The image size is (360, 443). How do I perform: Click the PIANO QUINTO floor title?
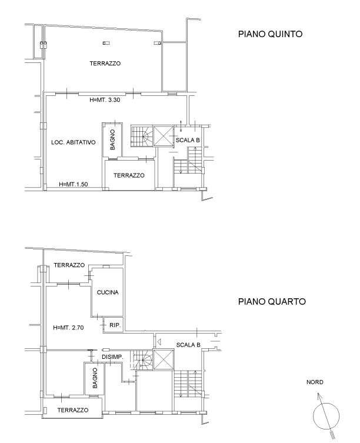click(270, 34)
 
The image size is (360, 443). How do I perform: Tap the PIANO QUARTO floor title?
click(272, 301)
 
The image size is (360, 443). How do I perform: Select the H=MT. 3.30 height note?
click(105, 100)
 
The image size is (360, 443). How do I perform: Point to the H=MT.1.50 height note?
click(74, 185)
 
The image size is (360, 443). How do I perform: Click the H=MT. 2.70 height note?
click(68, 328)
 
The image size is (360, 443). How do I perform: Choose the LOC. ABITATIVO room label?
click(73, 142)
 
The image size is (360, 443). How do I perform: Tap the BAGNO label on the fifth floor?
click(112, 139)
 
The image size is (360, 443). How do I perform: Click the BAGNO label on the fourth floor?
click(95, 378)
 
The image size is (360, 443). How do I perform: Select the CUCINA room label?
click(108, 292)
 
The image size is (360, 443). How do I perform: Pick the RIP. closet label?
click(115, 325)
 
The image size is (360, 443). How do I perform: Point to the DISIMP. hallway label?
click(112, 357)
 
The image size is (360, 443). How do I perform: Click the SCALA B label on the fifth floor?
click(188, 140)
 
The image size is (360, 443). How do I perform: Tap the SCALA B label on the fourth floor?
click(188, 345)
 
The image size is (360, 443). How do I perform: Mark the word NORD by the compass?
click(315, 382)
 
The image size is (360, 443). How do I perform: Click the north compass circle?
click(326, 404)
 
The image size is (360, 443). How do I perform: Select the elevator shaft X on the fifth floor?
click(164, 136)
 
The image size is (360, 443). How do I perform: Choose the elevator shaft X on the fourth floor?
click(164, 359)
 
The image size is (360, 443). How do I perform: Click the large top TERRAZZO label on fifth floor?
click(105, 64)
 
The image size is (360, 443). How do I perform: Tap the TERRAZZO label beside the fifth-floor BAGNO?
click(129, 175)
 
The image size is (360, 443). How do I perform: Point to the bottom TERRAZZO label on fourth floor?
click(73, 410)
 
